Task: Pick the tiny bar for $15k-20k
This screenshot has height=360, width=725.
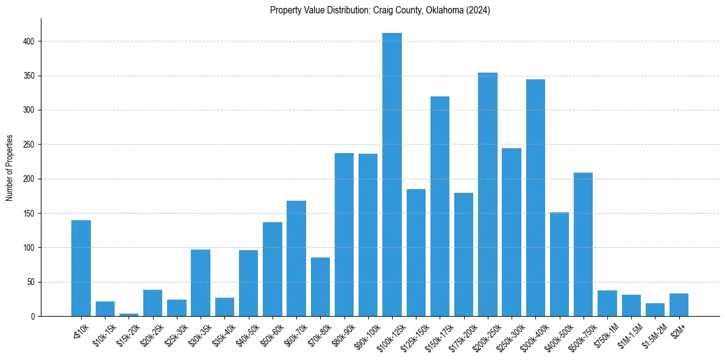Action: tap(129, 315)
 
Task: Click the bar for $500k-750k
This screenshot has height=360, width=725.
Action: tap(584, 244)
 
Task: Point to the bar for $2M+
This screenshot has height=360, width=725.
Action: tap(679, 305)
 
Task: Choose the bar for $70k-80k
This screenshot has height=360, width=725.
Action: tap(320, 287)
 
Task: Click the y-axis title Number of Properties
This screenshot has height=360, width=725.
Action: tap(10, 168)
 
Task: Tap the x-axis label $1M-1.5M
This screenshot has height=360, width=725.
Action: tap(629, 334)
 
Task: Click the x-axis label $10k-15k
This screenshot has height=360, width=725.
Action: tap(102, 334)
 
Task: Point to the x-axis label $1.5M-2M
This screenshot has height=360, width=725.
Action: tap(652, 334)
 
